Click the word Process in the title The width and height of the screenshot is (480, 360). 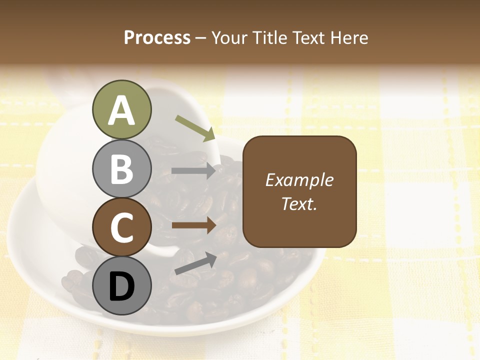pos(157,37)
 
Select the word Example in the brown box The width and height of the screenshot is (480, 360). pos(299,180)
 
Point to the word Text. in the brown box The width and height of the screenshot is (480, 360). pos(299,203)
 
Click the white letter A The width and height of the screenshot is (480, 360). pos(121,110)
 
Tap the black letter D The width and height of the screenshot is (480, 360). pos(121,286)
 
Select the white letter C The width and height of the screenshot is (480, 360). pos(121,227)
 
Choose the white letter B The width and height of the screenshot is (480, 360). pos(121,169)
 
